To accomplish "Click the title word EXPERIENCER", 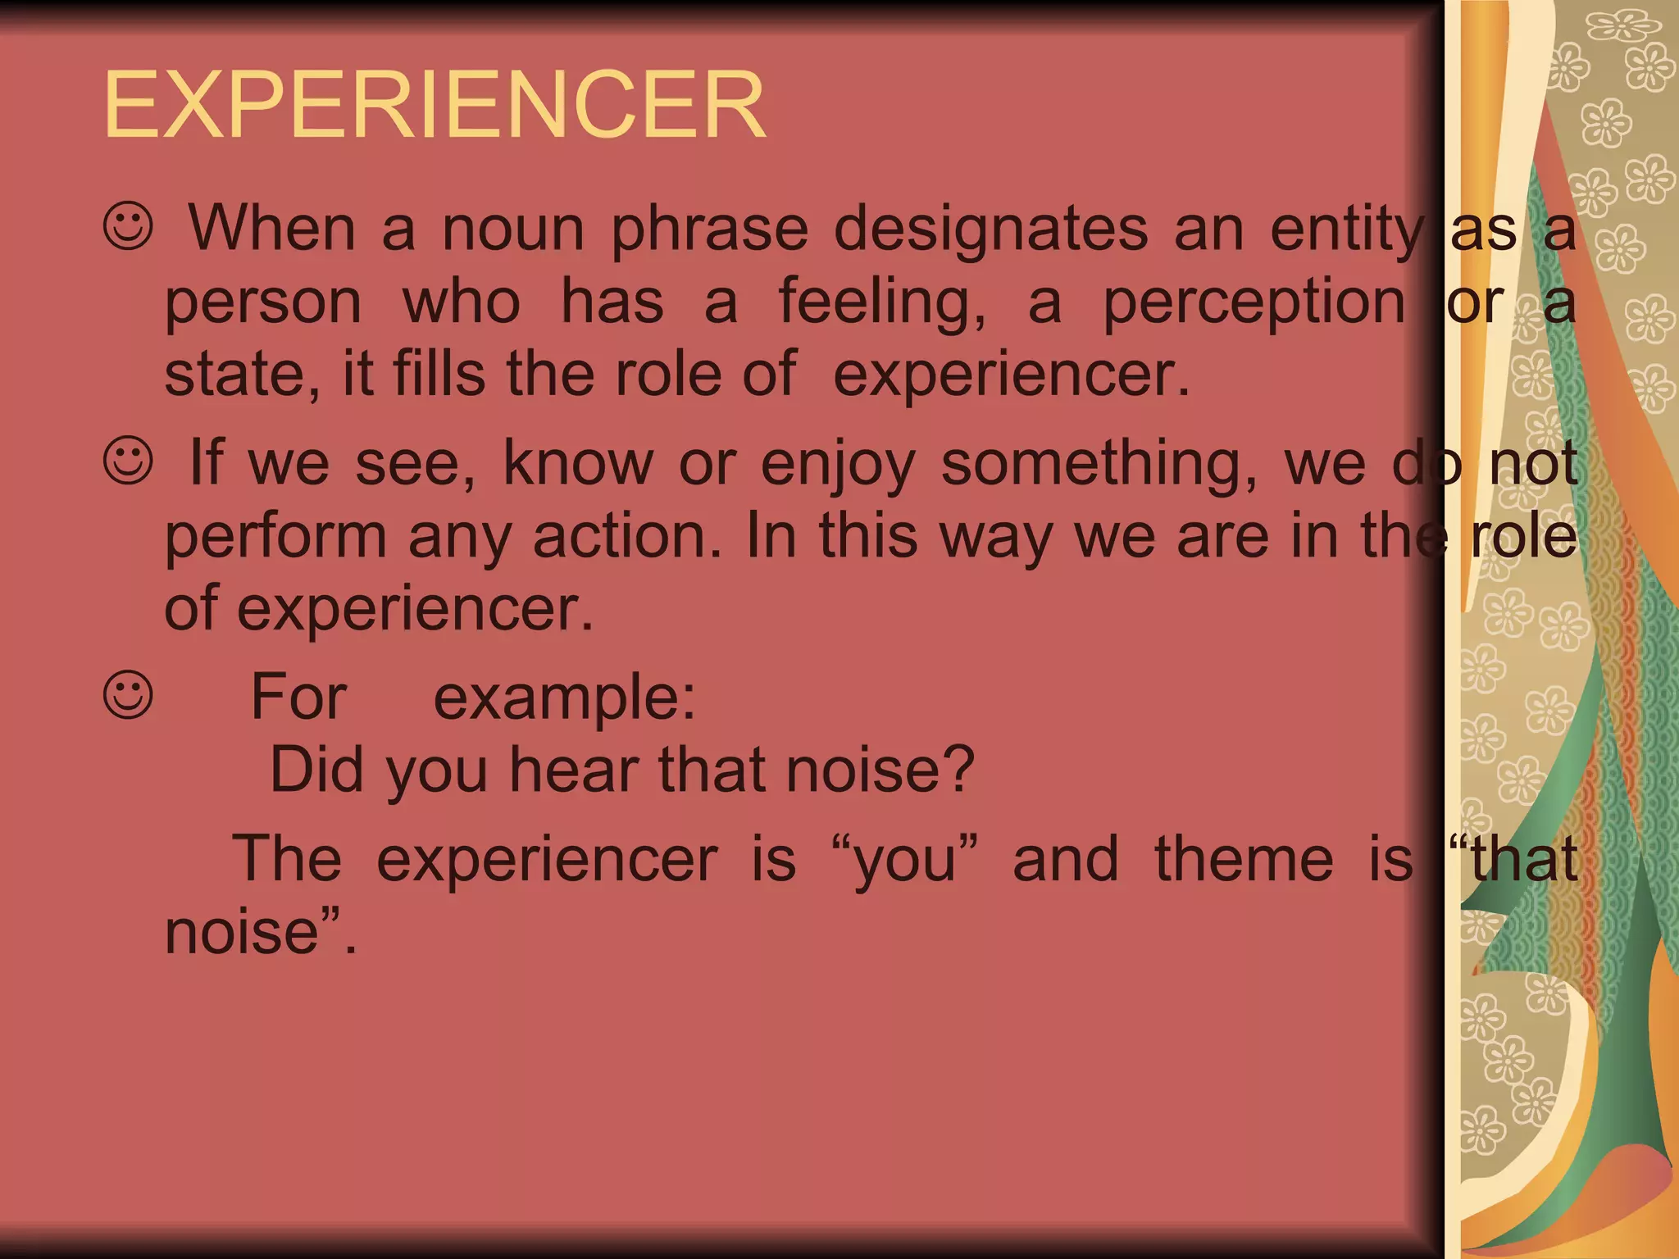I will (435, 105).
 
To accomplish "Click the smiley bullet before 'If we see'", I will (129, 460).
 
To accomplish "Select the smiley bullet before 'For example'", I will (129, 695).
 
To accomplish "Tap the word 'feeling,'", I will (882, 303).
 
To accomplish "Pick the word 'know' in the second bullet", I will (578, 463).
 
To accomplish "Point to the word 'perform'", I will (275, 538).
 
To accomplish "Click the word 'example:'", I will (564, 698).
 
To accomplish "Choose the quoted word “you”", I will (905, 861).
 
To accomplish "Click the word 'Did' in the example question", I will (316, 770).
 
